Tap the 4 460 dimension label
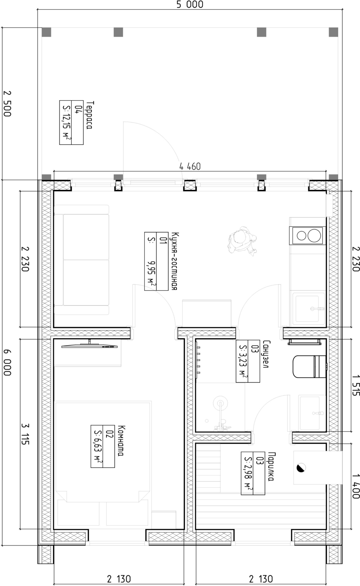click(190, 166)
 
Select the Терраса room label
click(89, 115)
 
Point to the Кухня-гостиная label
click(173, 261)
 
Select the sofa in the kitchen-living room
click(82, 260)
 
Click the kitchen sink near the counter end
click(308, 308)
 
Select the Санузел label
click(265, 354)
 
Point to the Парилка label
click(271, 466)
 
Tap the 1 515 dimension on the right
click(355, 384)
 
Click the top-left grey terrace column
click(46, 32)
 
